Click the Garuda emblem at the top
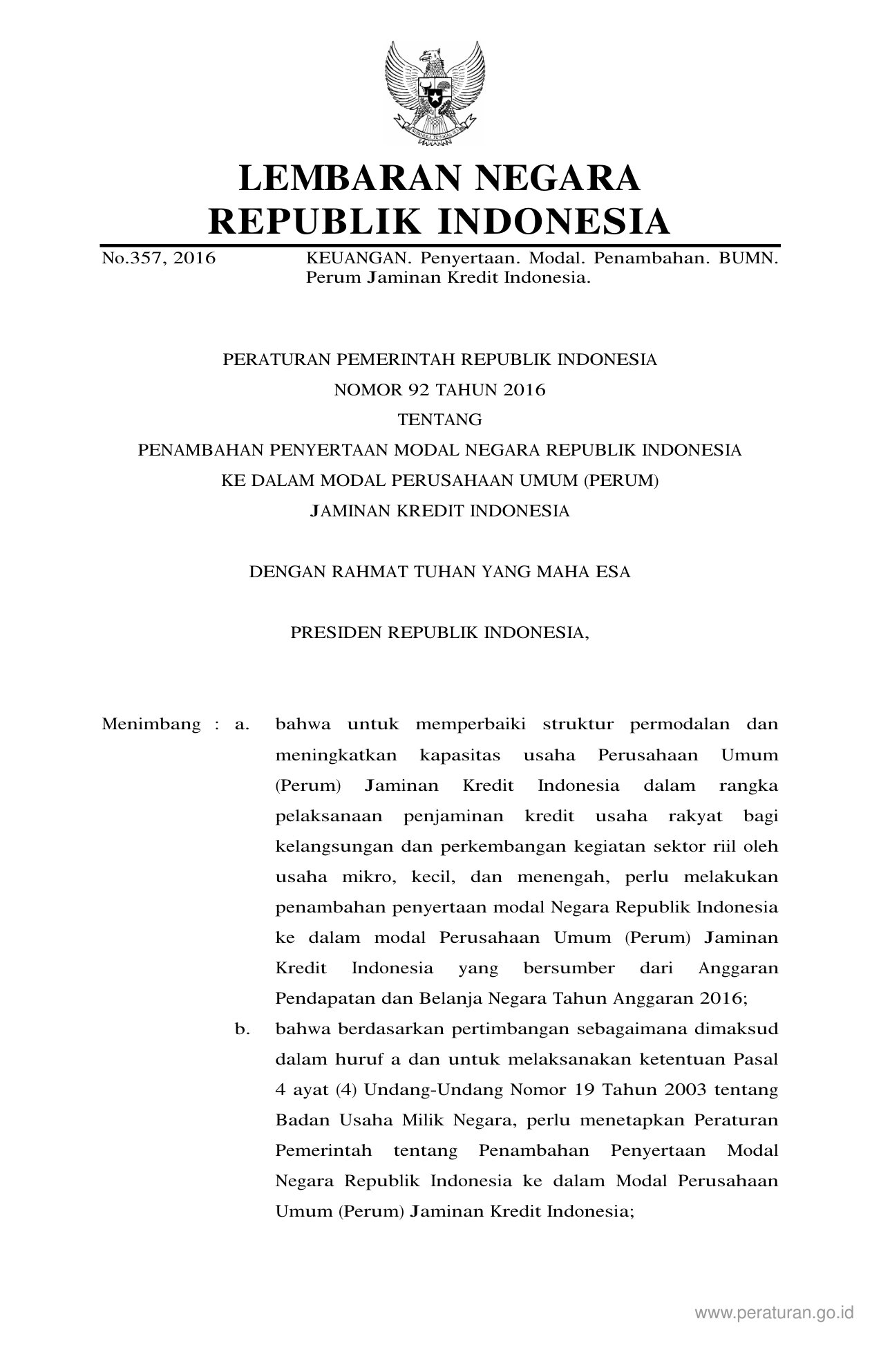[435, 91]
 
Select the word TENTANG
[439, 420]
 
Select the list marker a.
[242, 724]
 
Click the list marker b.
[242, 1029]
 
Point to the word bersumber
[569, 968]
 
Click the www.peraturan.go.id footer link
[775, 1313]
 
